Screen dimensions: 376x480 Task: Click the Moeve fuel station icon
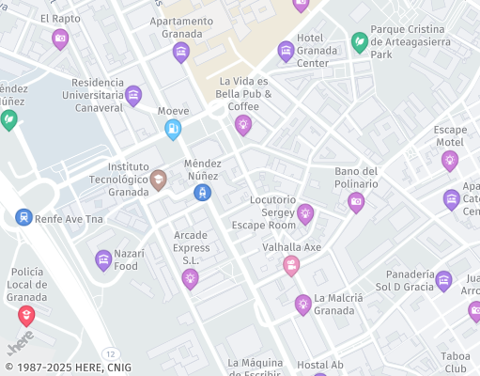173,130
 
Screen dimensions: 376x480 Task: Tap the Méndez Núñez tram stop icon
201,193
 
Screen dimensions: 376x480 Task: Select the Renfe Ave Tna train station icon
23,217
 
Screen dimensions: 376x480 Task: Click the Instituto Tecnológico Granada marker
159,180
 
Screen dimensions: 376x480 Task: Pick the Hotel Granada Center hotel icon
286,51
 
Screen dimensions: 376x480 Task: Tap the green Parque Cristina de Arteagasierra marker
359,42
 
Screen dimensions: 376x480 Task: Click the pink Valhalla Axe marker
291,266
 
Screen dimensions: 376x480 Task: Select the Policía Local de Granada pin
26,316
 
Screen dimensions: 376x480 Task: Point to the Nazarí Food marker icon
103,259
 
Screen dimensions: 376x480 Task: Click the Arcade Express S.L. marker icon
191,278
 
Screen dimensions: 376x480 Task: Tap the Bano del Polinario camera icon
356,201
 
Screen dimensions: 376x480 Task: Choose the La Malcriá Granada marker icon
302,304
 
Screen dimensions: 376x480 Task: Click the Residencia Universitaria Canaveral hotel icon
133,95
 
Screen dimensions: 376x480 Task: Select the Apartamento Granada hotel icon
181,51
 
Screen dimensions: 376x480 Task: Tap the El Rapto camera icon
60,39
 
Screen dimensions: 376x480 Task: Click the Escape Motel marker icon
450,160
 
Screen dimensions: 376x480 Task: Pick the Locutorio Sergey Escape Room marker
305,214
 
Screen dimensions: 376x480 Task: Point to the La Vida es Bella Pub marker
243,124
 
